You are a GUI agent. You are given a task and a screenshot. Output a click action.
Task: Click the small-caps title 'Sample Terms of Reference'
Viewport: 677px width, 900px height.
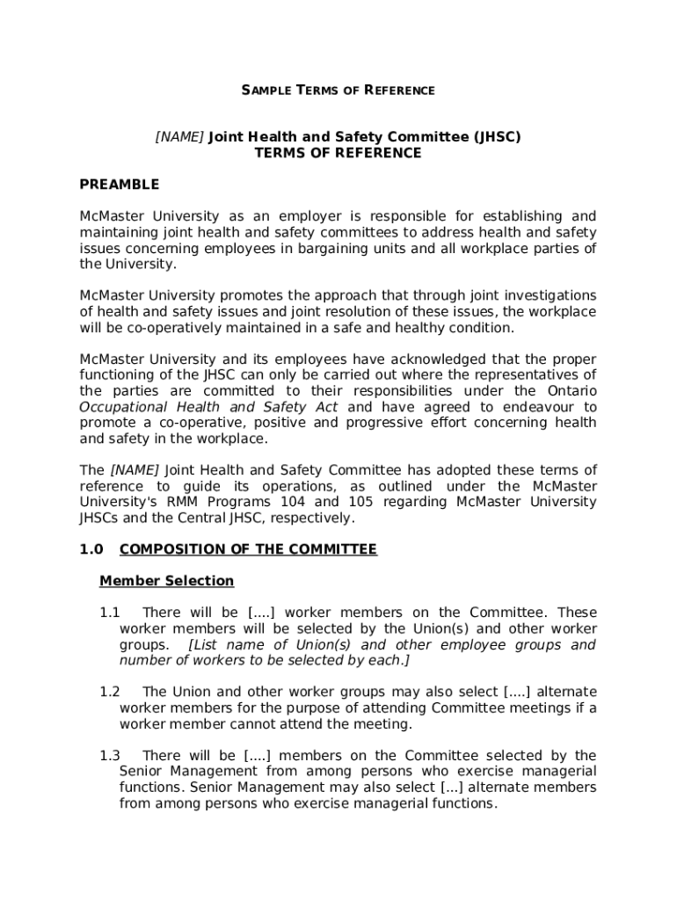tap(338, 91)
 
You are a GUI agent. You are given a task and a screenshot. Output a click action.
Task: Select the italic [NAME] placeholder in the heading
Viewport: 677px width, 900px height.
tap(179, 137)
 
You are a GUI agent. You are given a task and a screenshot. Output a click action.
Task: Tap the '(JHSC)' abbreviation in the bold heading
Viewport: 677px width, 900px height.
tap(497, 137)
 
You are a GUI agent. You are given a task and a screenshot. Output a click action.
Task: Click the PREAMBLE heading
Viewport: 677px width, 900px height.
tap(120, 185)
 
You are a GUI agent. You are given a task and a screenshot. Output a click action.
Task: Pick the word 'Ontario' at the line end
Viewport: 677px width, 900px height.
tap(571, 391)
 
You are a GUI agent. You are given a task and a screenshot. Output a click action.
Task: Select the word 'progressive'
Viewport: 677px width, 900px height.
tap(384, 423)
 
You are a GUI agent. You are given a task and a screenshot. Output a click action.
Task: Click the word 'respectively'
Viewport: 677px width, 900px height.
tap(314, 518)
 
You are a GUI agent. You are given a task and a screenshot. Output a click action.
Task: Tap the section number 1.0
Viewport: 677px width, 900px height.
tap(91, 549)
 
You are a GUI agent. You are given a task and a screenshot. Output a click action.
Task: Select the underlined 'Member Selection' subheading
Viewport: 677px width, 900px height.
tap(167, 581)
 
